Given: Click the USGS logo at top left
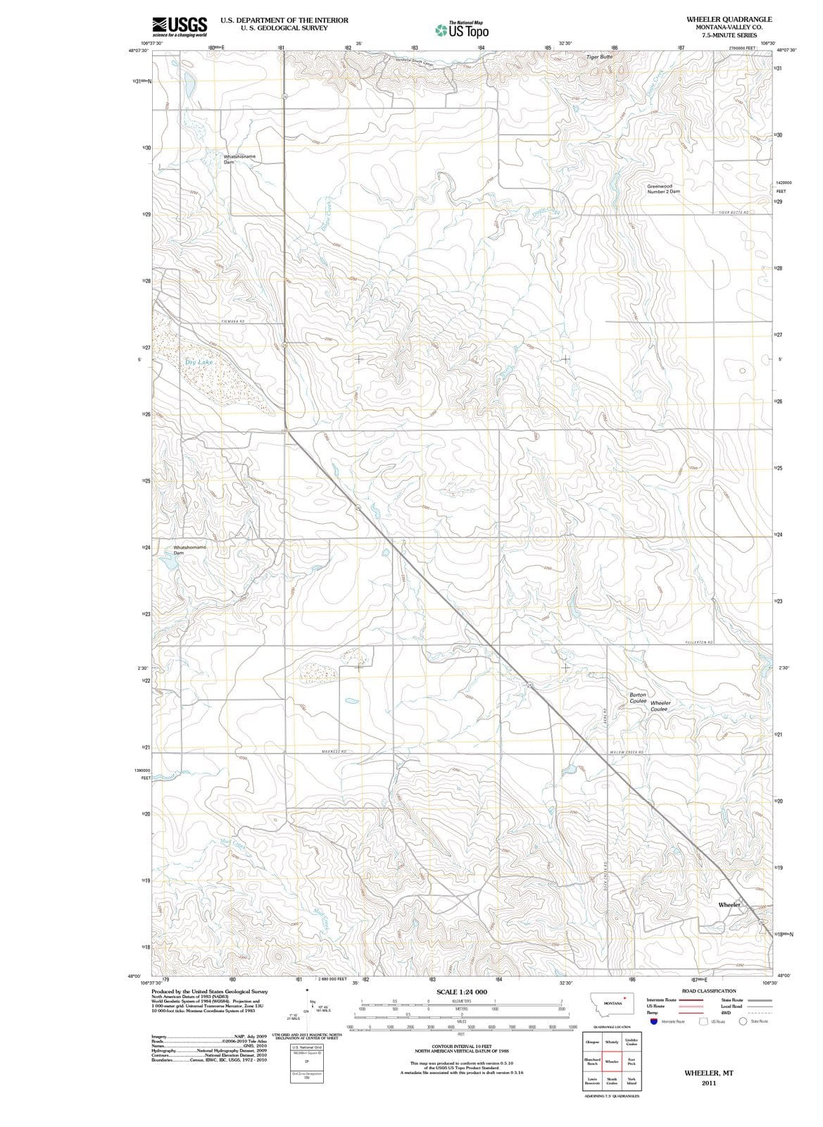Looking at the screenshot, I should pyautogui.click(x=180, y=26).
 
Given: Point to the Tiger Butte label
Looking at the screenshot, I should pyautogui.click(x=600, y=56).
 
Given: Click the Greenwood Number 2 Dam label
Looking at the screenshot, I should pyautogui.click(x=663, y=189).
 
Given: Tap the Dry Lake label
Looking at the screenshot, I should pyautogui.click(x=199, y=362).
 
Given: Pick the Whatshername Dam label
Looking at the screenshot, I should pyautogui.click(x=189, y=549).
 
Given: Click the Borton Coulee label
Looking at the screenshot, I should pyautogui.click(x=638, y=697).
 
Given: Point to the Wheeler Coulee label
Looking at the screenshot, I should pyautogui.click(x=660, y=706).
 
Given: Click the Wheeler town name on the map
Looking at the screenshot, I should pyautogui.click(x=729, y=904).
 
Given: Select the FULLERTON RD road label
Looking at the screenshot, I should pyautogui.click(x=699, y=643).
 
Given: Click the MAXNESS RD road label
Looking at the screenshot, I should pyautogui.click(x=334, y=752).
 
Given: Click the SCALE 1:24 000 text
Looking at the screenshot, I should pyautogui.click(x=461, y=992).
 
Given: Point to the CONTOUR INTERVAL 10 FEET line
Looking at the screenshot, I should pyautogui.click(x=461, y=1047).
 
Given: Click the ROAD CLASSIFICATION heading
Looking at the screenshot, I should pyautogui.click(x=708, y=991).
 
